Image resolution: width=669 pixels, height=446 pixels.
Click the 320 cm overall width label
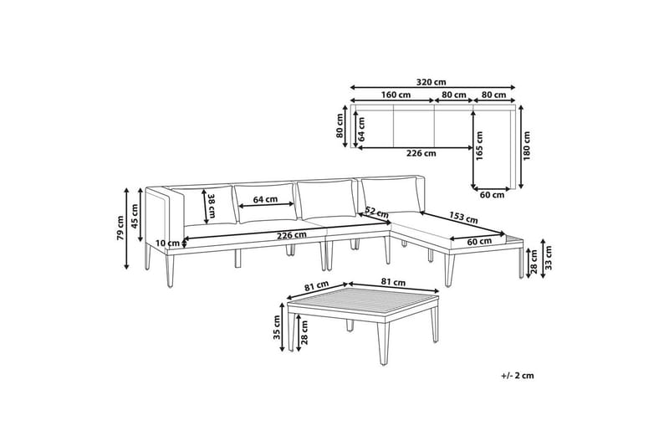pos(432,81)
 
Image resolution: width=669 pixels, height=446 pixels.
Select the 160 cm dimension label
pos(396,95)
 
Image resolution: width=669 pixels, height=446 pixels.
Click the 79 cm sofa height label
pos(120,227)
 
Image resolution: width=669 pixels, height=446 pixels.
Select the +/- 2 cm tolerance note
pos(518,376)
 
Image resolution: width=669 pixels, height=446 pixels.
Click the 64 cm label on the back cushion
pos(264,200)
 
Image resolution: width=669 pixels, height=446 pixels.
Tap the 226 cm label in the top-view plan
pos(420,153)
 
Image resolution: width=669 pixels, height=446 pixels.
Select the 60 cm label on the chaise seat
pos(478,242)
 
